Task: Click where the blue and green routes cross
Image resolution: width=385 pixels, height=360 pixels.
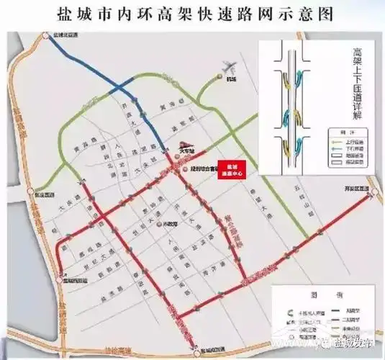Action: (x=134, y=99)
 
